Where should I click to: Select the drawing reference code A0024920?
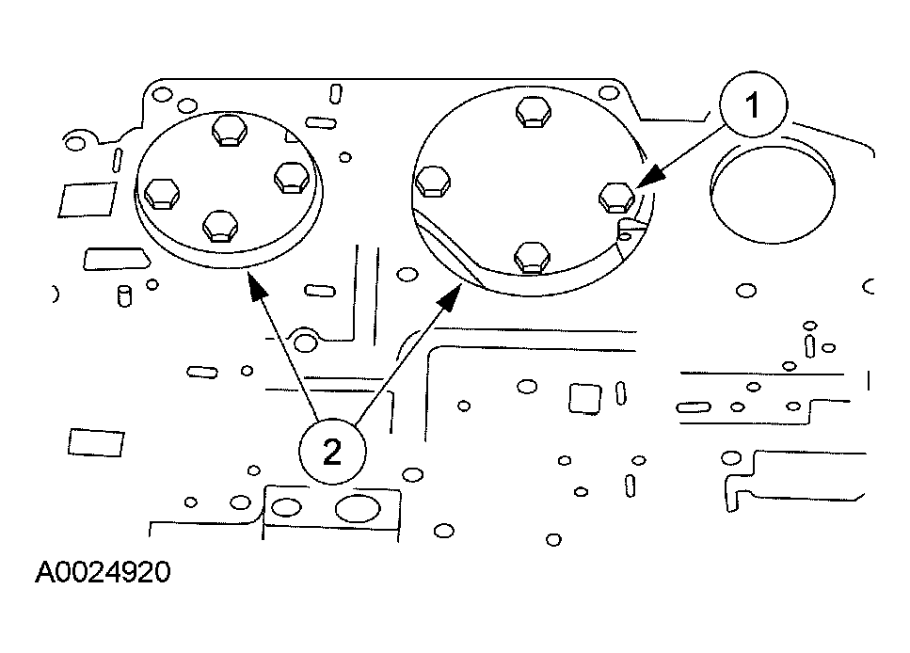104,573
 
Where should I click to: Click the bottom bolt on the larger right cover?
532,255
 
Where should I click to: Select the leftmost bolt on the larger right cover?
432,181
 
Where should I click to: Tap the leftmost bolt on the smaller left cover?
163,193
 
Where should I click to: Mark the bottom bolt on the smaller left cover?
220,225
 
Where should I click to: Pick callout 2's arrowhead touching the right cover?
453,295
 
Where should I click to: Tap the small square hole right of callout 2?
584,398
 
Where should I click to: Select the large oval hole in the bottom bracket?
356,509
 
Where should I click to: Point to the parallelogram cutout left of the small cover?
76,199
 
